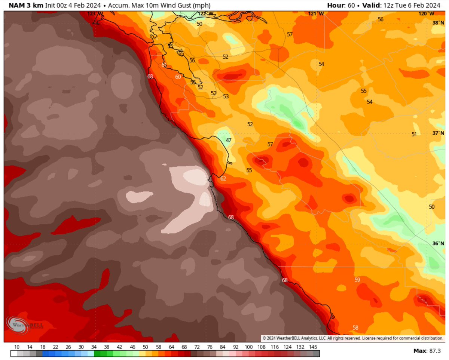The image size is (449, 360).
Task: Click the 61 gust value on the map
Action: click(164, 65)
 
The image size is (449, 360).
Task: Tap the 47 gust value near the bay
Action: click(229, 140)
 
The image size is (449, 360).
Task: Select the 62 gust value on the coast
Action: click(223, 179)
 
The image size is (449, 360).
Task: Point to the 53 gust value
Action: click(226, 96)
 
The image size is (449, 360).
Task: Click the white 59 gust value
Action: click(357, 280)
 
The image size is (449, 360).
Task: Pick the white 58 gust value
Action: click(355, 328)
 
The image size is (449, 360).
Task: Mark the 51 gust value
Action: click(414, 134)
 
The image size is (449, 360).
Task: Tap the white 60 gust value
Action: click(178, 77)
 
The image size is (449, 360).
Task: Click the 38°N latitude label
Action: click(437, 23)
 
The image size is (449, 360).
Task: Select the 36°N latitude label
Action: click(437, 243)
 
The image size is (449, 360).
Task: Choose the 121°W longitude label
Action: click(316, 13)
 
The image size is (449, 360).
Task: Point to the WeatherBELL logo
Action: click(25, 324)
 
